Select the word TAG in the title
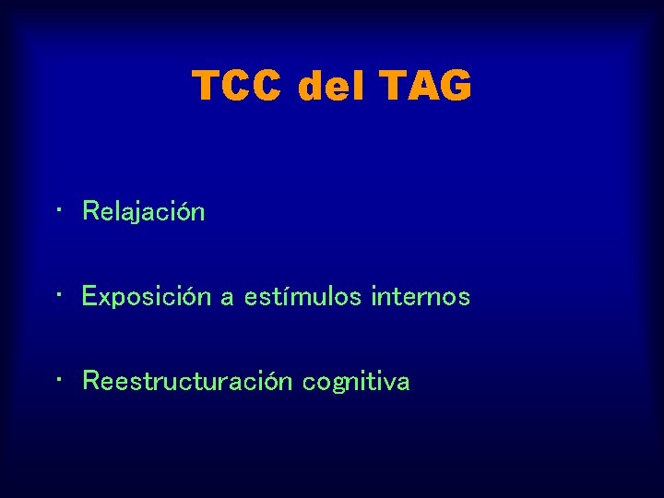coord(425,87)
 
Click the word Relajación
coord(144,212)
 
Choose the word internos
coord(421,297)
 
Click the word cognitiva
coord(356,382)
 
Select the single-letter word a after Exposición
coord(227,298)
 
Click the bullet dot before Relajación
coord(58,211)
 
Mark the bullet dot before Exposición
coord(58,296)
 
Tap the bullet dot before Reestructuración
coord(58,381)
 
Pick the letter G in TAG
coord(455,87)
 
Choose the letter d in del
coord(312,87)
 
